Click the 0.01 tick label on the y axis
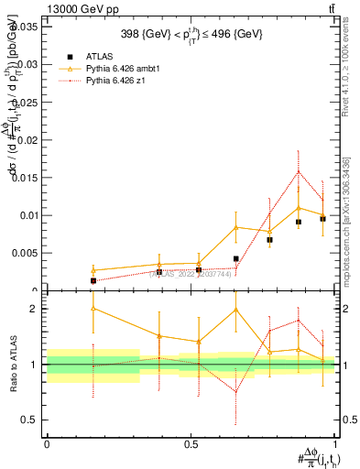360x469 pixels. coord(27,215)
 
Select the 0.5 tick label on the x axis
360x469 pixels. coord(191,443)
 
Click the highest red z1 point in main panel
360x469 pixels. coord(299,171)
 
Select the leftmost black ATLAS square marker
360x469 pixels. coord(93,280)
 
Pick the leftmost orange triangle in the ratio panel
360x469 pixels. coord(93,308)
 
